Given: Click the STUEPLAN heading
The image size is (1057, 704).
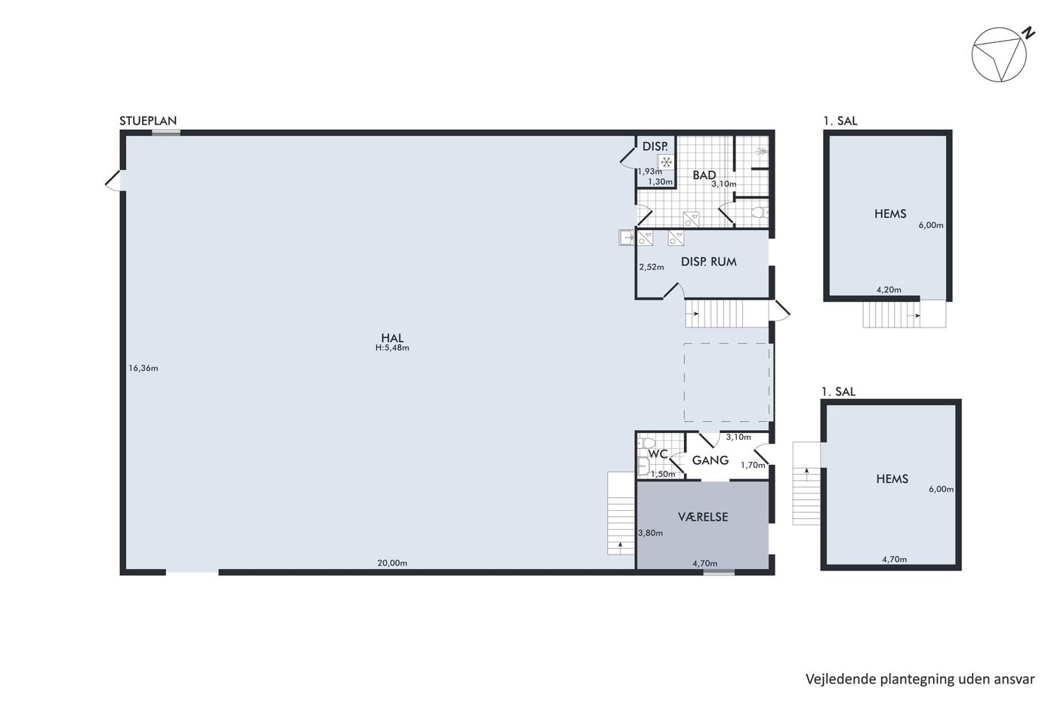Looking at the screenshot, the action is (148, 121).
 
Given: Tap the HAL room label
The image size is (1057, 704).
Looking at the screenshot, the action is (392, 337).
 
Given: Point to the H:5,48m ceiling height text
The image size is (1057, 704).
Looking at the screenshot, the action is (392, 348).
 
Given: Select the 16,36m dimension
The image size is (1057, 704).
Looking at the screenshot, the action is (143, 368).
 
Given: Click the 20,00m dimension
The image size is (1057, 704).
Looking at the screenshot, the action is (392, 563).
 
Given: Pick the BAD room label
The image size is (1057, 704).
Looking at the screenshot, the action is (704, 175).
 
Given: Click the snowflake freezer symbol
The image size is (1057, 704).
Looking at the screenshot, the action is (666, 162).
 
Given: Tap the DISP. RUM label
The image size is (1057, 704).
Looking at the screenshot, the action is (708, 262).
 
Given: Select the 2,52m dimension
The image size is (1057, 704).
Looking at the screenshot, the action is (651, 267).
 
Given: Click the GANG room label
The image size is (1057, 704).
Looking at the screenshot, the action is (710, 460).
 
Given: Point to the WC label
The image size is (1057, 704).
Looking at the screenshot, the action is (658, 453).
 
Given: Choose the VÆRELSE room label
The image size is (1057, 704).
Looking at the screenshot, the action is (703, 517).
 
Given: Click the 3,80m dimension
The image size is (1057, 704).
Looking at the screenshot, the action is (650, 533).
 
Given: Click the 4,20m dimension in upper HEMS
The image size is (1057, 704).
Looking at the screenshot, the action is (889, 290).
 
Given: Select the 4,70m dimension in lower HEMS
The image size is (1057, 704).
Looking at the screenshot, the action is (894, 559).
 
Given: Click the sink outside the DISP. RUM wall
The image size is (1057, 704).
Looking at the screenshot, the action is (627, 238).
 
